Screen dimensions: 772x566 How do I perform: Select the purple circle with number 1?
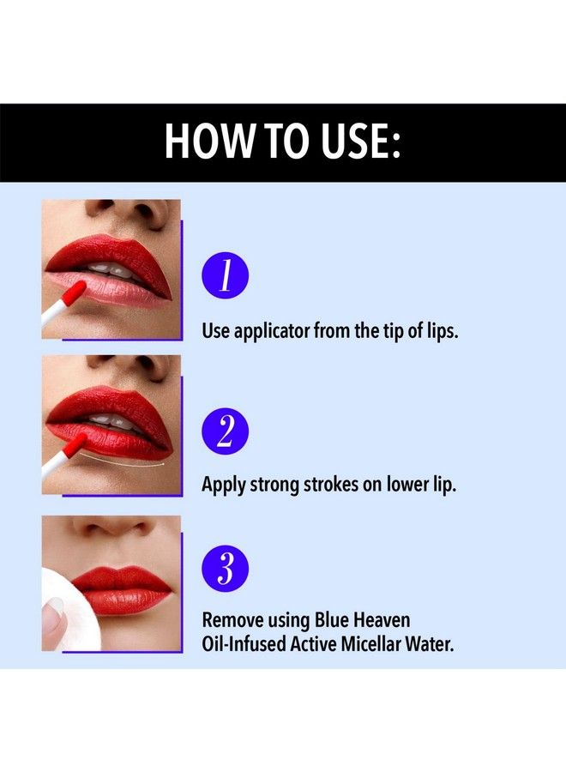pos(225,276)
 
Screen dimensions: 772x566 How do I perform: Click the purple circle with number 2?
pos(225,431)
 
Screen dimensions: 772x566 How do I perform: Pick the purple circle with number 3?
pos(225,567)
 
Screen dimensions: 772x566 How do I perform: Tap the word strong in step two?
pos(274,485)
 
